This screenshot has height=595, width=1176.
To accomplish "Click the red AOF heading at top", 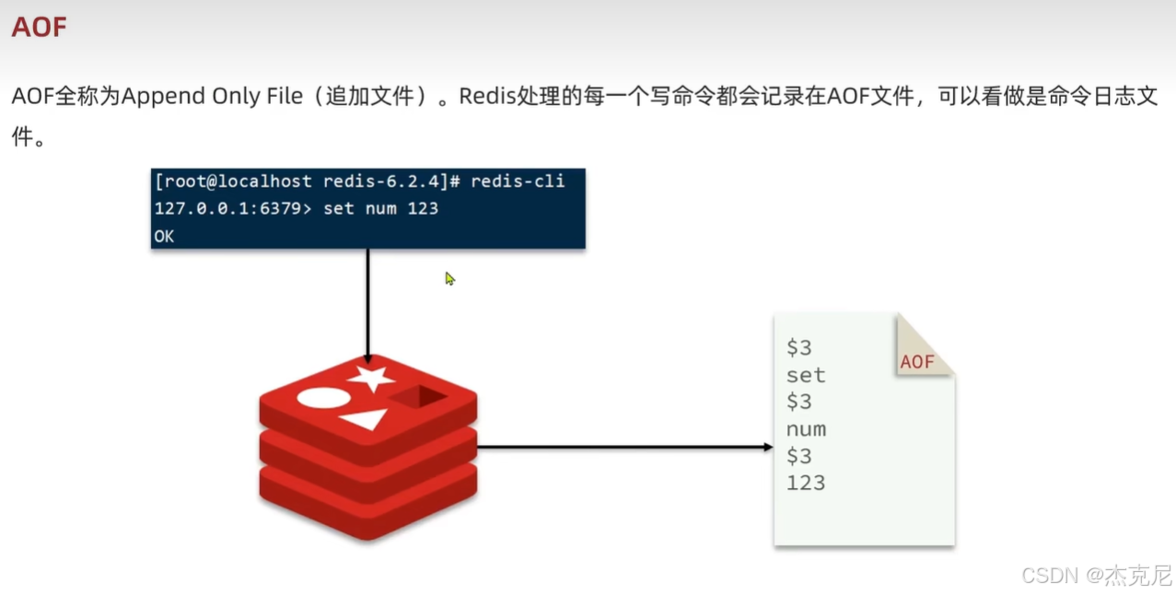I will [x=39, y=27].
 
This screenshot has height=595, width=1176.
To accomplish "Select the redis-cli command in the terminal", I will [x=518, y=181].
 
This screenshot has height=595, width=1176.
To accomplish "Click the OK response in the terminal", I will [x=164, y=237].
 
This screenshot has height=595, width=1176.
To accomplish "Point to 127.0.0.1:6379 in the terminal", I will [x=233, y=209].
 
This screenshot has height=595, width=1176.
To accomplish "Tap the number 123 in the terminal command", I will [x=423, y=209].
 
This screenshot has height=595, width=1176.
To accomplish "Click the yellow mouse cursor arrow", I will [x=450, y=278].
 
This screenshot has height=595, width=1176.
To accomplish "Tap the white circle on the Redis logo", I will [x=322, y=399].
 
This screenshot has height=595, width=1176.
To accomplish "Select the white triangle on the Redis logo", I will [x=365, y=420].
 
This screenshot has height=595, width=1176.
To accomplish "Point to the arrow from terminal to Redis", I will [x=367, y=304].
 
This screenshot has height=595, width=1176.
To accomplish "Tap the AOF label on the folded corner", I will [x=917, y=362].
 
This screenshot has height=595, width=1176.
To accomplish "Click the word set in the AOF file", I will [x=806, y=376].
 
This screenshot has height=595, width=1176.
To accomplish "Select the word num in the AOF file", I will [x=806, y=429].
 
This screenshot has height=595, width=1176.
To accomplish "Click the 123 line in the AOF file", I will [x=806, y=483].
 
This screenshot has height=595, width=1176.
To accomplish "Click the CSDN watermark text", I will [x=1050, y=575].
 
